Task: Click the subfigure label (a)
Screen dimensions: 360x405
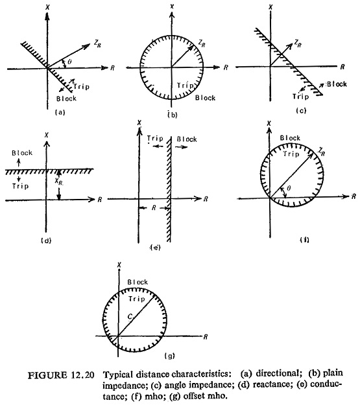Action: pos(60,112)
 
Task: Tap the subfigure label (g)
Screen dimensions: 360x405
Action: pos(170,356)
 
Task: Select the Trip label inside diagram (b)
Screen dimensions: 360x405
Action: pos(185,86)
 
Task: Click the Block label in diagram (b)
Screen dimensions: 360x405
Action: pos(205,98)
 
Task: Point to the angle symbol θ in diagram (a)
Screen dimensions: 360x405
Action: pos(69,62)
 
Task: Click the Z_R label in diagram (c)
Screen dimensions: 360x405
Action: pos(298,44)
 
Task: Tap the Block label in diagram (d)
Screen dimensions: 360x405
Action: pos(22,153)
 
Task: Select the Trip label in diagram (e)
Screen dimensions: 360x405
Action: pos(155,139)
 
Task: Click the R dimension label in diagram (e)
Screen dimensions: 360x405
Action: pos(154,208)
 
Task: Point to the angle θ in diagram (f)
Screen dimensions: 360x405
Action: pos(289,188)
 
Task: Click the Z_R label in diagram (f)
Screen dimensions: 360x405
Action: pos(322,152)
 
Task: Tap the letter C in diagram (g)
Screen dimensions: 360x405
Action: pos(130,316)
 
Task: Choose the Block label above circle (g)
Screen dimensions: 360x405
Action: pos(138,282)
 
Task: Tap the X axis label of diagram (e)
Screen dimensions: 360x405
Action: pos(139,122)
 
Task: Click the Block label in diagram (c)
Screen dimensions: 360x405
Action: pos(337,84)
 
